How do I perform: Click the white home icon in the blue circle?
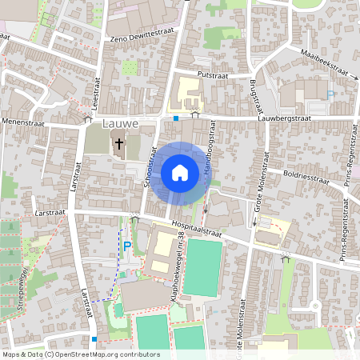(x=180, y=172)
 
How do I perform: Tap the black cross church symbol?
(x=119, y=145)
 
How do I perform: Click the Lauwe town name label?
(x=121, y=124)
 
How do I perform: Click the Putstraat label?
(x=213, y=74)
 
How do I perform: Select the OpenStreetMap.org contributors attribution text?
(x=104, y=354)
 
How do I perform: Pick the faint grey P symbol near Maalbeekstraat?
(x=331, y=94)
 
